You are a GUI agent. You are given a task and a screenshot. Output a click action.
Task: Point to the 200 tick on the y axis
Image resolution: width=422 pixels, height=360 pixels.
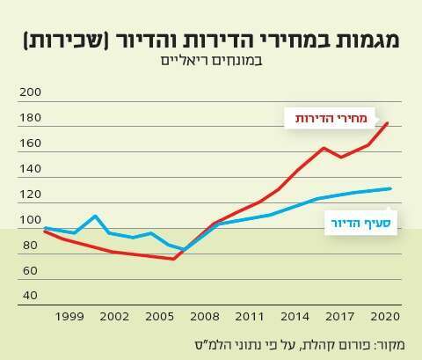[x=30, y=92]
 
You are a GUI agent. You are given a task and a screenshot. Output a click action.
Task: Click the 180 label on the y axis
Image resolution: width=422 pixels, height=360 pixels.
[x=30, y=118]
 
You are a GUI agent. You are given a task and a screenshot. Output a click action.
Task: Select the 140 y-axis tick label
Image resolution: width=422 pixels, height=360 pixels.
[x=30, y=169]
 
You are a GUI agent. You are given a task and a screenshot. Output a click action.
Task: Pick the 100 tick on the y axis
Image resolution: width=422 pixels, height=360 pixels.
[x=30, y=220]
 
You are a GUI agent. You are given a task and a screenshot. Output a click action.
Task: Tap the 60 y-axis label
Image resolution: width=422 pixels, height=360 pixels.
[x=30, y=270]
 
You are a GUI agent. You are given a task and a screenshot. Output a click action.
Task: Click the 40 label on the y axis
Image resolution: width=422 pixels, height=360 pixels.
[x=30, y=295]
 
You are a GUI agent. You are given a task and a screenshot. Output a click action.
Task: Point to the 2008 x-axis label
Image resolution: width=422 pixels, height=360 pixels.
[x=203, y=315]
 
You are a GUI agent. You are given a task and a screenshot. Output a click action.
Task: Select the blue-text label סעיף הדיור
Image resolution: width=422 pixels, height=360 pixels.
[x=360, y=224]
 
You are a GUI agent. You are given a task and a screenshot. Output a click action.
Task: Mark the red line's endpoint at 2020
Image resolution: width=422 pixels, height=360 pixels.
[x=389, y=123]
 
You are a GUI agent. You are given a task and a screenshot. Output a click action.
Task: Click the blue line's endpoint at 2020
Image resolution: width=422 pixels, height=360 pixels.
[x=390, y=188]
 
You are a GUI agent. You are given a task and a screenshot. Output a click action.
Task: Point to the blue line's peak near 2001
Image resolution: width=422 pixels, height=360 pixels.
[x=95, y=216]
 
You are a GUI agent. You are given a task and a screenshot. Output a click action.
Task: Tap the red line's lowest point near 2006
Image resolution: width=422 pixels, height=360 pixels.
[x=173, y=259]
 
